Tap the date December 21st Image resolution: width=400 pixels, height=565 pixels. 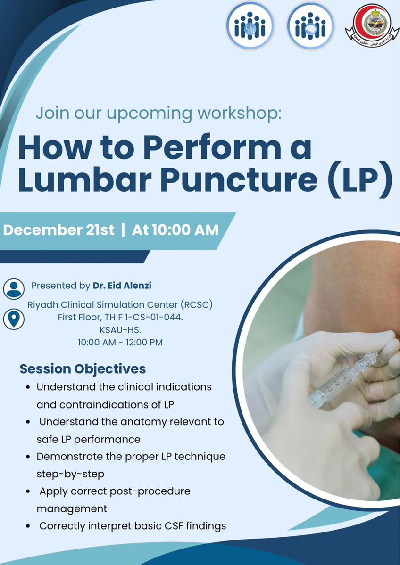59,230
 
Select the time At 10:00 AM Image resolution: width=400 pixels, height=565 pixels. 175,230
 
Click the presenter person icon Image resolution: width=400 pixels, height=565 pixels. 13,288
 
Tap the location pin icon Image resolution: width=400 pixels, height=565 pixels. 13,319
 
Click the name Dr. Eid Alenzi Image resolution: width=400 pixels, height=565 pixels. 122,286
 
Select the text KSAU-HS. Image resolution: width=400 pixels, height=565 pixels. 120,330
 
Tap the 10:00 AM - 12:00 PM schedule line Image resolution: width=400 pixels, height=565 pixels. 120,343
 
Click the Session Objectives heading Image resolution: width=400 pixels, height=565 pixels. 83,368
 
